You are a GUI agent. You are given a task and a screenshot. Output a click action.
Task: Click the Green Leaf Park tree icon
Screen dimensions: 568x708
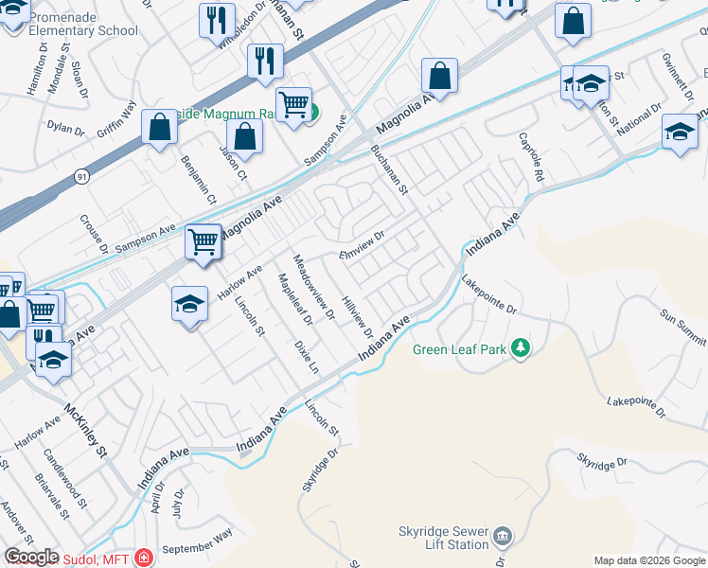point(520,349)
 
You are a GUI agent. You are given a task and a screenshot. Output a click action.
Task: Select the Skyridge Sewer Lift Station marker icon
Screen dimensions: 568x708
point(504,538)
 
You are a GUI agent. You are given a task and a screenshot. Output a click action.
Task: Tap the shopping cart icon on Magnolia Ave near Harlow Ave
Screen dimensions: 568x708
point(204,242)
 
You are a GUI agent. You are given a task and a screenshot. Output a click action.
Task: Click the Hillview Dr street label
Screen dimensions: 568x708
point(357,315)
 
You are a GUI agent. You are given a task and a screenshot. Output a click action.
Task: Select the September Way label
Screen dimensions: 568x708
point(197,541)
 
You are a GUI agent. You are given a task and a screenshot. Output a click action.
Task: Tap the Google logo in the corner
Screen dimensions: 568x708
point(31,557)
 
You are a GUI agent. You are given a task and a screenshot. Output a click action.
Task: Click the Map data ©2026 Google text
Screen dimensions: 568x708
point(649,560)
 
